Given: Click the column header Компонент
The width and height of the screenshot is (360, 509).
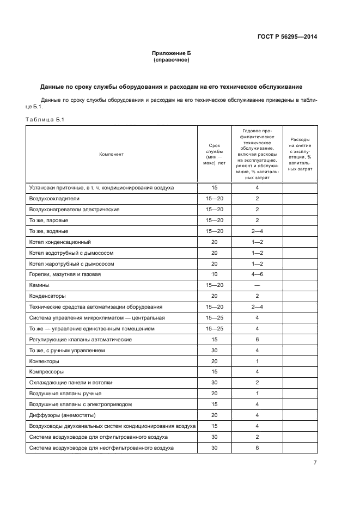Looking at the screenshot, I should click(x=111, y=154).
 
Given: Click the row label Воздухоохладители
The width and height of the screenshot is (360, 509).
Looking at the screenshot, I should click(x=54, y=198).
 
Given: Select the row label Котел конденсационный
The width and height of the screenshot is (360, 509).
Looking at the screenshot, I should click(x=60, y=241).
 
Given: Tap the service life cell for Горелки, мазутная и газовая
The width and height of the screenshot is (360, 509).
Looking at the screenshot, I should click(x=214, y=274).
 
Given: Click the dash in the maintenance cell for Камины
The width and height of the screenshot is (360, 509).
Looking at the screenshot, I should click(x=257, y=285).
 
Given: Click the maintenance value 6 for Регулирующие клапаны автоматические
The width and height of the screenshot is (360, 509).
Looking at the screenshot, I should click(x=257, y=339).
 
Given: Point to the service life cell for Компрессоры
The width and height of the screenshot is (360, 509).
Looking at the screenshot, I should click(x=214, y=372).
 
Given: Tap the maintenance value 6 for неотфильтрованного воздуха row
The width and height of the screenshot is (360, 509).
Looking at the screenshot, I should click(x=257, y=447).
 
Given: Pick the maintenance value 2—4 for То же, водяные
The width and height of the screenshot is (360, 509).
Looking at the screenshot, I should click(x=257, y=230).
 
